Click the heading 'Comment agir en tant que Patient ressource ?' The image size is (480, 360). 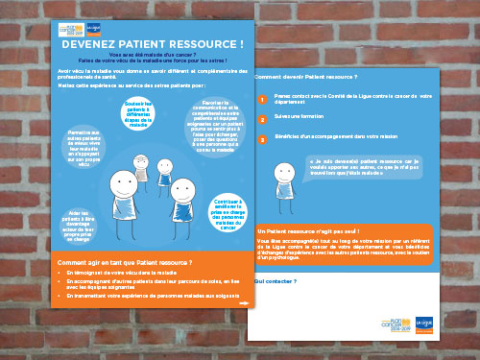point(125,263)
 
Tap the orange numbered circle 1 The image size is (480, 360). point(261,99)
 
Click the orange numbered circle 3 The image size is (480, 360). point(261,140)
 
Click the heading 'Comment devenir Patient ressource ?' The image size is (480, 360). point(305,75)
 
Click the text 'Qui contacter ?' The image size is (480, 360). point(276,281)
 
